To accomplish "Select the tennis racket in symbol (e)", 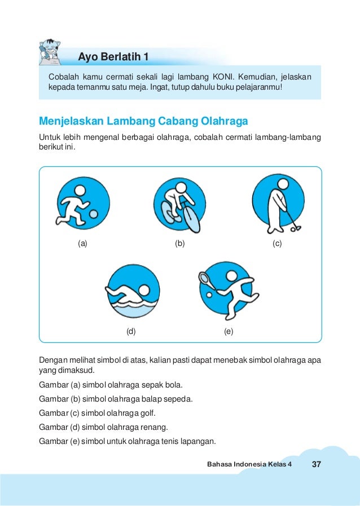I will [205, 279].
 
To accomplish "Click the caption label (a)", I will [82, 244].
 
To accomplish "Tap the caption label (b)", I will [180, 244].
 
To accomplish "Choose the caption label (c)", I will [276, 244].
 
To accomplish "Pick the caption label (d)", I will [131, 332].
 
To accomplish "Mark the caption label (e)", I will [229, 332].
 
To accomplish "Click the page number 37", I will [316, 464].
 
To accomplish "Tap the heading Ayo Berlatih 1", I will [113, 56].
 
